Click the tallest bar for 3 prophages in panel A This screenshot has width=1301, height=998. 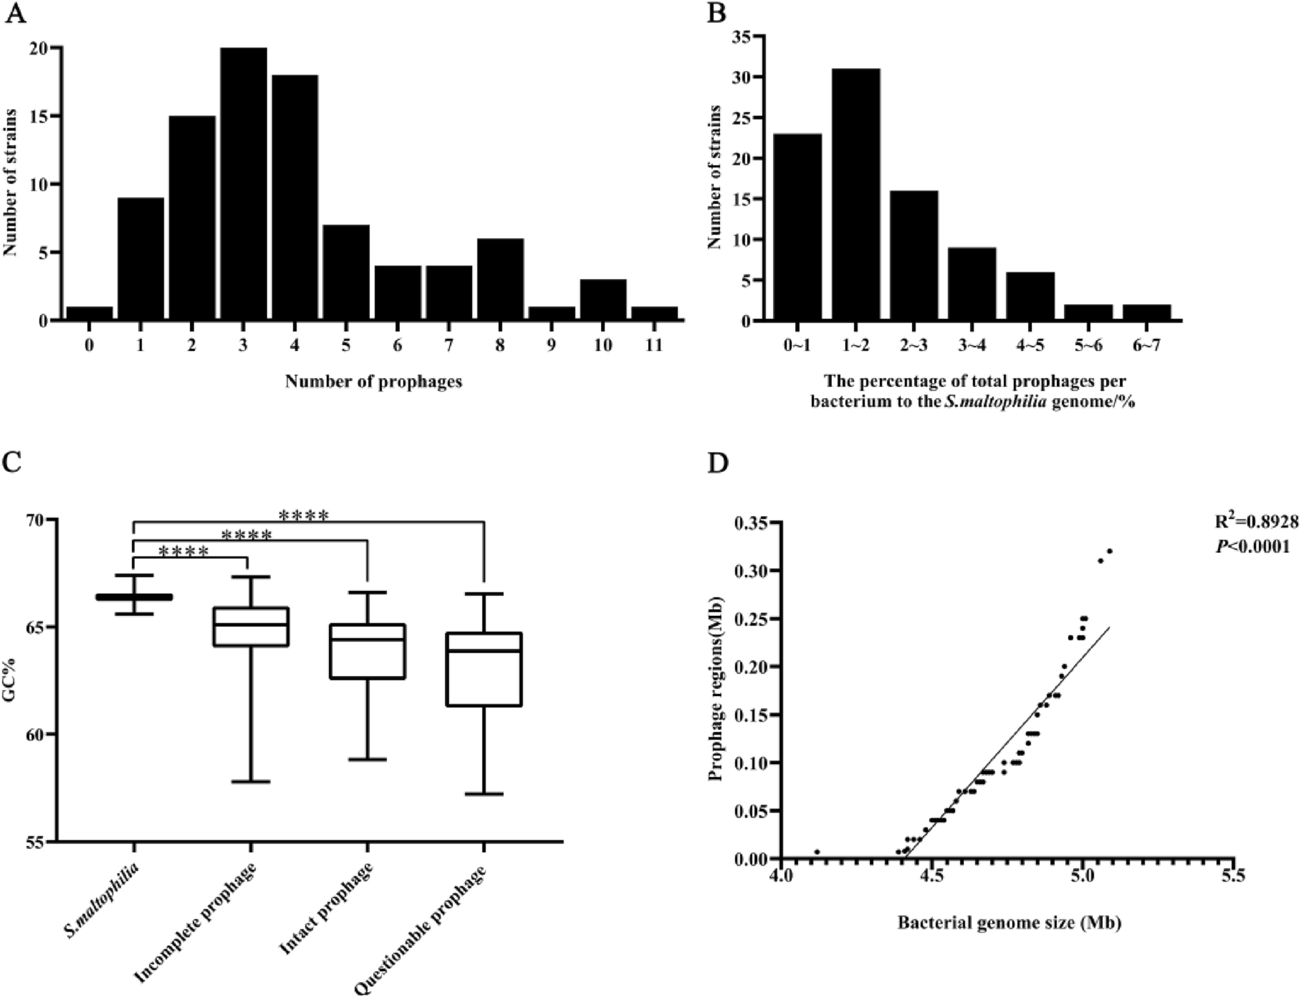point(243,183)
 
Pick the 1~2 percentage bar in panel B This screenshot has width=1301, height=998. point(856,194)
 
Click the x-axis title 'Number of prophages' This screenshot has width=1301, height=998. point(374,382)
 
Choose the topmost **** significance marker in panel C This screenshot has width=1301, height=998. point(303,516)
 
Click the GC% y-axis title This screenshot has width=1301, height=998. point(13,681)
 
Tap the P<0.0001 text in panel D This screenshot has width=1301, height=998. point(1252,547)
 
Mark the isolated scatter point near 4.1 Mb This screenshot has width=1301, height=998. point(817,852)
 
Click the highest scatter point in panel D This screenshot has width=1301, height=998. point(1110,551)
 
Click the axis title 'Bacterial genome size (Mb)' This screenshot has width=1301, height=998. point(1009,922)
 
